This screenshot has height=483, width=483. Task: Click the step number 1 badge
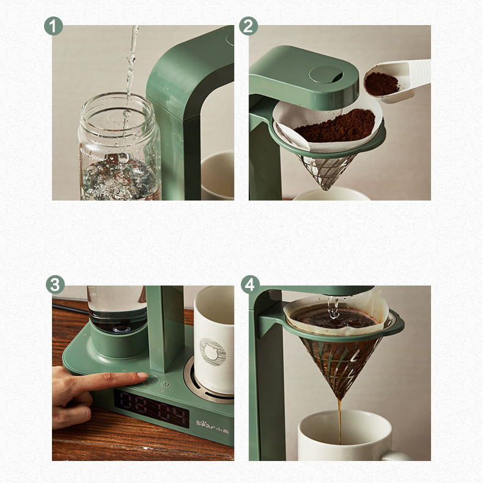point(54,26)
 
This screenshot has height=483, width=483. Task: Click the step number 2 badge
point(249,26)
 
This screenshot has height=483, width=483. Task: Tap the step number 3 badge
point(55,284)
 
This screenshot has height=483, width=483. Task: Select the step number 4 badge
point(250,284)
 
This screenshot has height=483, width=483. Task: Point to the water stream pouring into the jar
point(130,61)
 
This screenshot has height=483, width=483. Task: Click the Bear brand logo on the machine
point(214,422)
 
